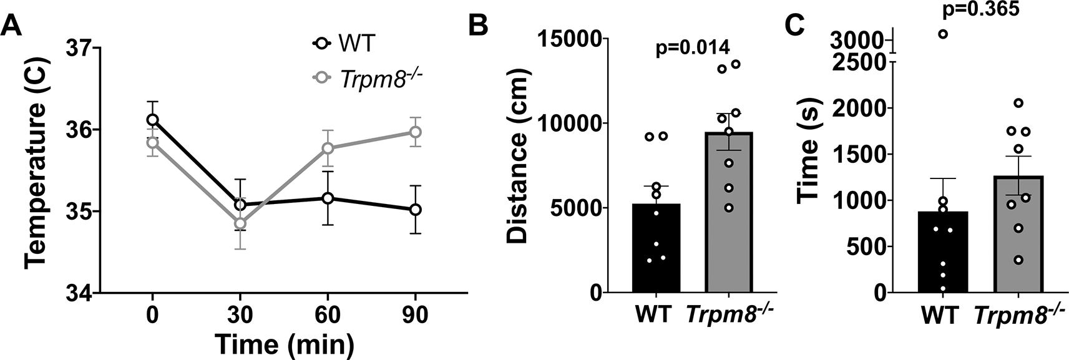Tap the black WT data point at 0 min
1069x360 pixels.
point(152,119)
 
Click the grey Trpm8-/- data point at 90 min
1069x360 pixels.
point(415,132)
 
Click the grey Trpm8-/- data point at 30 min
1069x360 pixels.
point(240,223)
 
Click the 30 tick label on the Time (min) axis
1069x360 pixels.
point(240,316)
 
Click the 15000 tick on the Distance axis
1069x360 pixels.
point(573,39)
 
